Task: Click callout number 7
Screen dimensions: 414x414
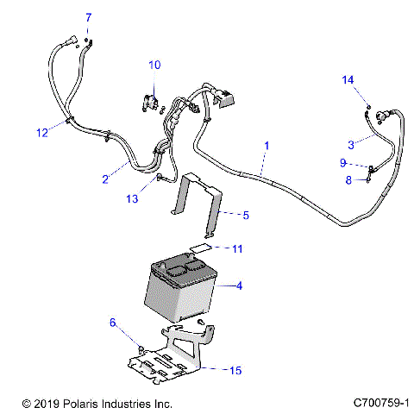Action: [x=87, y=17]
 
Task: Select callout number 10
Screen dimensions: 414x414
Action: [x=154, y=65]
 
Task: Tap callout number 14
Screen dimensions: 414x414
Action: [x=348, y=80]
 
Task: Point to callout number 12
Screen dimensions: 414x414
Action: [x=41, y=132]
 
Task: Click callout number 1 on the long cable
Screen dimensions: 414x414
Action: [x=267, y=146]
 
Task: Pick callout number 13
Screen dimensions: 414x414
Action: [x=132, y=199]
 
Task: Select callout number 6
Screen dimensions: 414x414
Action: [x=112, y=323]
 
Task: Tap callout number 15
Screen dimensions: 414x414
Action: [x=236, y=370]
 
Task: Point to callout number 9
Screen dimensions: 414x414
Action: [x=342, y=162]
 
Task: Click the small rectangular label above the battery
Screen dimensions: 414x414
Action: [x=201, y=249]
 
